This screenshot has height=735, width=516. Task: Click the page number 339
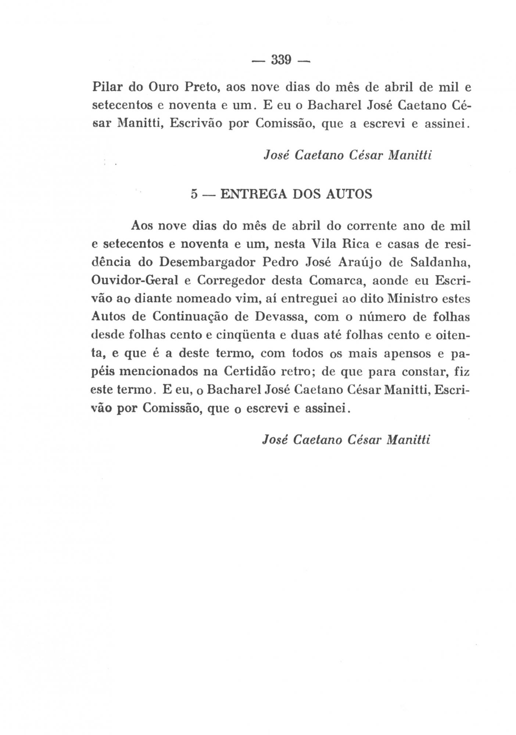coord(281,60)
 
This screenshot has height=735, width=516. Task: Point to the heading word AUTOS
coord(349,194)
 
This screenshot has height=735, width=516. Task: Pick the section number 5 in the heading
coord(194,194)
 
